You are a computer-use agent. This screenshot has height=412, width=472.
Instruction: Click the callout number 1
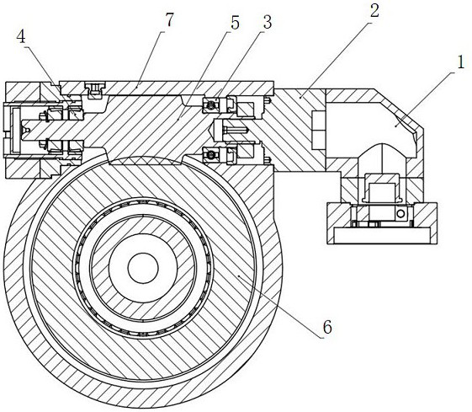tap(460, 62)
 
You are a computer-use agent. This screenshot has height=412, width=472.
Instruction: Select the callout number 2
tap(374, 10)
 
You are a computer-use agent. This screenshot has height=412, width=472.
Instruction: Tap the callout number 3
tap(267, 22)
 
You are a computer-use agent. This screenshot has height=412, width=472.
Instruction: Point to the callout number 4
tap(21, 37)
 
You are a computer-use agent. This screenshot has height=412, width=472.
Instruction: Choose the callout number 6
tap(327, 327)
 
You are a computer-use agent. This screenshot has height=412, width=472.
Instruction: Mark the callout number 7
tap(169, 19)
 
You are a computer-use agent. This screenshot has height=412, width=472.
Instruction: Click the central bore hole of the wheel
tap(143, 268)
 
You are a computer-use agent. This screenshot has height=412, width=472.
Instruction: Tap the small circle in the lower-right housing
tap(400, 214)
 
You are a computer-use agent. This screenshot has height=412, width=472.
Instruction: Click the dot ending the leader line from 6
tap(239, 276)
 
